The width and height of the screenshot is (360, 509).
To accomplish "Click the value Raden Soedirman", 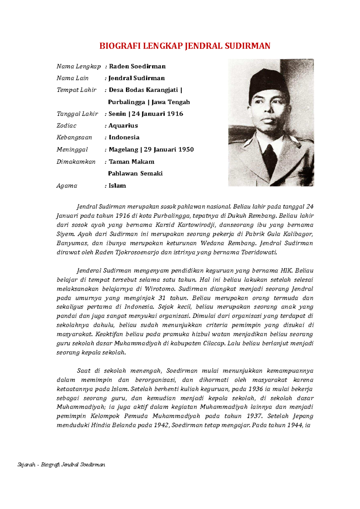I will [x=137, y=66].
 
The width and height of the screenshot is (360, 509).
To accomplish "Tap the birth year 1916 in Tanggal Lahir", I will [x=175, y=114].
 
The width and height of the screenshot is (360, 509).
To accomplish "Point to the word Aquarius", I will [x=123, y=126].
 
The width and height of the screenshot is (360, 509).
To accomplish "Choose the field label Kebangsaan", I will [x=74, y=137].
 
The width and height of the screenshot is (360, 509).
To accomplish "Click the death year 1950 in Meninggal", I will [x=186, y=149].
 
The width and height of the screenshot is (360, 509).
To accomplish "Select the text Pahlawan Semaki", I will [x=135, y=174].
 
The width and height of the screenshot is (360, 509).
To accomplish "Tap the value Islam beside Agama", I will [x=117, y=186].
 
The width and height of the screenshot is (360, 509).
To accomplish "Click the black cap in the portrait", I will [x=264, y=82].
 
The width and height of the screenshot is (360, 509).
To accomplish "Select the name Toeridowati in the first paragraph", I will [x=259, y=252].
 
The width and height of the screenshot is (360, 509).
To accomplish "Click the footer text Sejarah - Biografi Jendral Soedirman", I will [x=61, y=465].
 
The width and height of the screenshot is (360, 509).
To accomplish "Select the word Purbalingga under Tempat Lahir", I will [x=127, y=102].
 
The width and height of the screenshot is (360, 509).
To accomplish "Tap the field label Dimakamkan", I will [x=76, y=162].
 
